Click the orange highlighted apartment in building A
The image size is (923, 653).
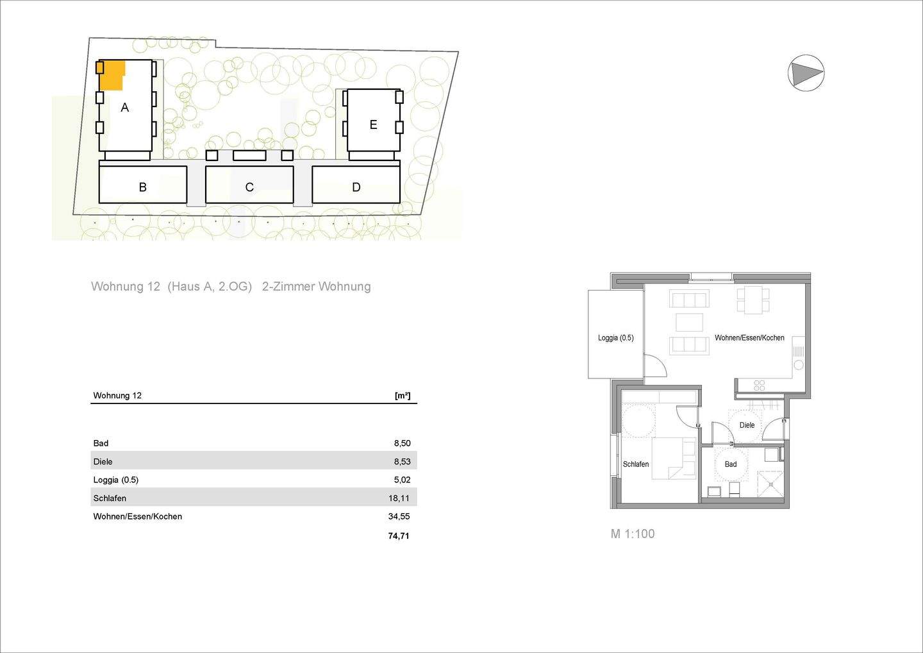pos(113,75)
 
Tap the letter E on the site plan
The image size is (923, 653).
pos(373,125)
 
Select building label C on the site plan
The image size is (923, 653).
pos(249,187)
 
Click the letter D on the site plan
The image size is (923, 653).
pos(356,187)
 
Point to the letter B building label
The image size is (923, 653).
pos(143,187)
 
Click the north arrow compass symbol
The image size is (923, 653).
pos(806,72)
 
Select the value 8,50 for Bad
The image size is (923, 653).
pos(402,443)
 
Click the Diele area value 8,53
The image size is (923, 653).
pos(402,462)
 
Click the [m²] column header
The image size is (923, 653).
pos(403,396)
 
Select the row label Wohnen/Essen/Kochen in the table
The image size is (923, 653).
pos(137,516)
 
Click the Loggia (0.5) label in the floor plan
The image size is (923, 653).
pos(615,338)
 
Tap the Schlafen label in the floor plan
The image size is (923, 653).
pos(636,464)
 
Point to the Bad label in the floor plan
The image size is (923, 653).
pos(731,464)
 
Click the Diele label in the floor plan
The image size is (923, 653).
pos(747,425)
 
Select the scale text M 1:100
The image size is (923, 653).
pos(633,534)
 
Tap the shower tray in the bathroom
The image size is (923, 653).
pos(770,484)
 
